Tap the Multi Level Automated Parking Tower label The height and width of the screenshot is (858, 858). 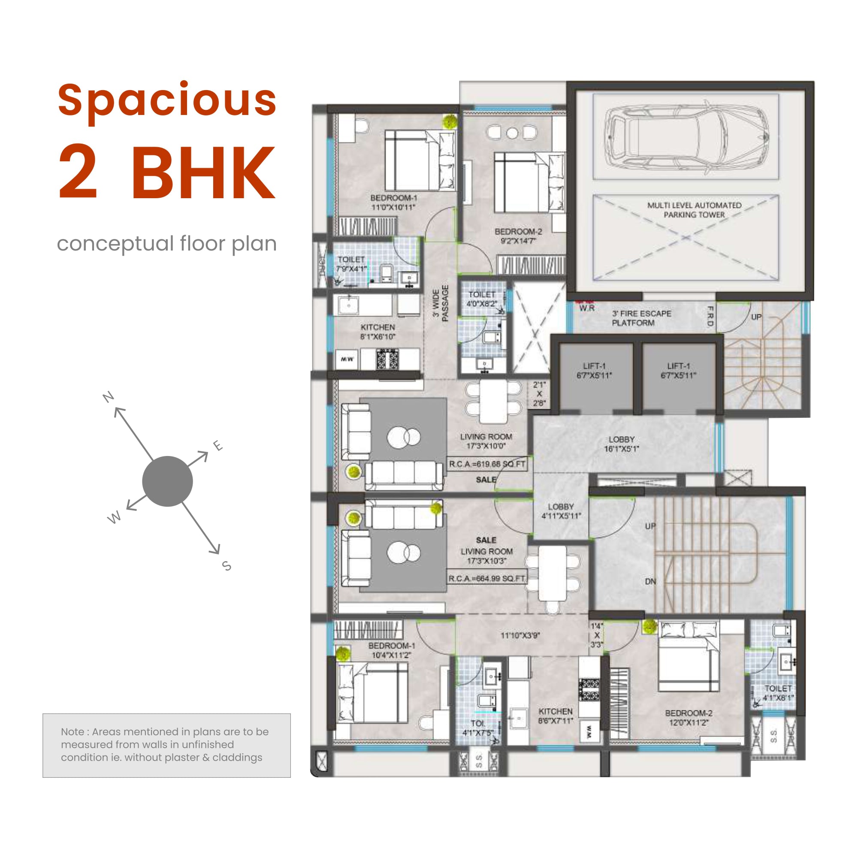tap(694, 210)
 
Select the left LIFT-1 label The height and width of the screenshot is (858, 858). tap(594, 370)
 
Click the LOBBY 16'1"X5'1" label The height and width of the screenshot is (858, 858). tap(621, 444)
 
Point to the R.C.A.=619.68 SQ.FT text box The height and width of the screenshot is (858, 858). tap(487, 464)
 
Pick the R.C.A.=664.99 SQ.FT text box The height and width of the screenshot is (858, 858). tap(487, 579)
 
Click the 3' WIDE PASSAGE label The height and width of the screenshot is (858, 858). tap(441, 303)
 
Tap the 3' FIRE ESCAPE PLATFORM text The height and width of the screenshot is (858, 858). tap(641, 318)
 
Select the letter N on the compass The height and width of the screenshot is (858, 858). tap(109, 396)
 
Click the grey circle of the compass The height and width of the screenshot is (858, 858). tap(167, 481)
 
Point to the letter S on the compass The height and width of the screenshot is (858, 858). tap(227, 566)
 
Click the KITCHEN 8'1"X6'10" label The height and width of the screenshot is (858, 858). tap(378, 332)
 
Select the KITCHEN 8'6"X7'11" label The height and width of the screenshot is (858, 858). tap(555, 716)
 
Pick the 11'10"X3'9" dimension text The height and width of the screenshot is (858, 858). tap(520, 635)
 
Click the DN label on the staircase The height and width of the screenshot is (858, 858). tap(650, 581)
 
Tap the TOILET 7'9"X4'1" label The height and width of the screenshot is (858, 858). tap(351, 264)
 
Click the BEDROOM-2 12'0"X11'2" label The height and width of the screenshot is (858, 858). tap(689, 718)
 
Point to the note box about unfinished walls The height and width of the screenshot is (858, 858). tap(166, 745)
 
